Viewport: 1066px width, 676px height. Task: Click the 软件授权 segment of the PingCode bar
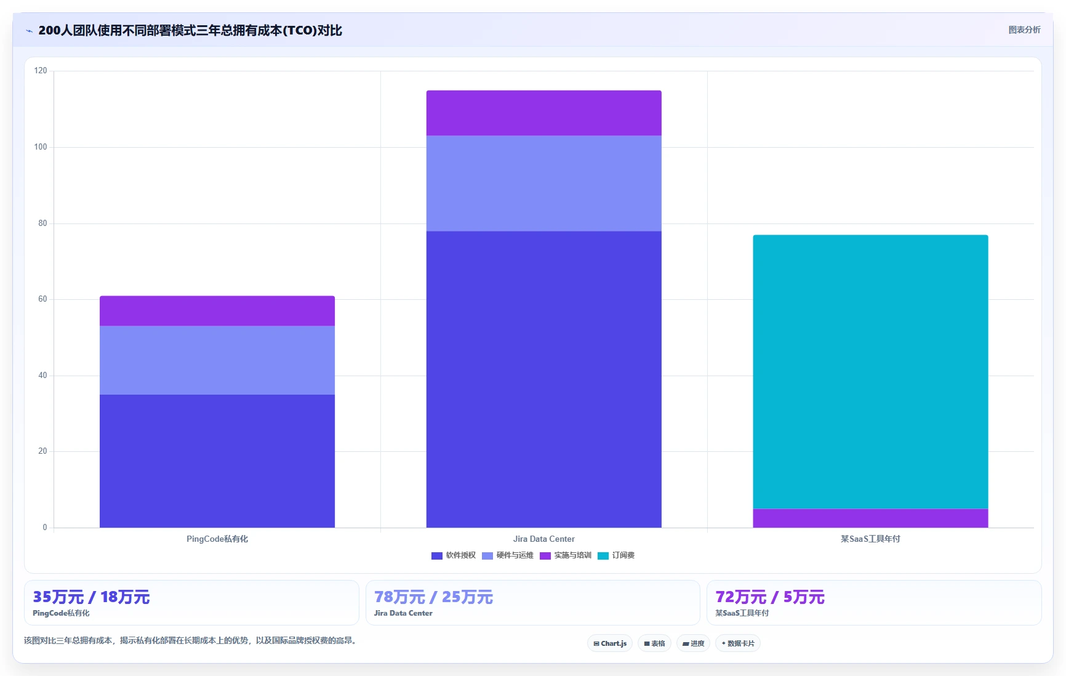point(217,461)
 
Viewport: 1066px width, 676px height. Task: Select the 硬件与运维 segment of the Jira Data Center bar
point(544,183)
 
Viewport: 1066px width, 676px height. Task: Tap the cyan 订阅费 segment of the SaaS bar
point(870,372)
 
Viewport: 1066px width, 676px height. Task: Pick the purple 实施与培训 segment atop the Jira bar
point(544,113)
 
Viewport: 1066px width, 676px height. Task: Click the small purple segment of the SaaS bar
point(870,518)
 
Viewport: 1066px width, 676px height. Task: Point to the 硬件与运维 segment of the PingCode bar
point(217,360)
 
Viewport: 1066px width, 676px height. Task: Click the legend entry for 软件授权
point(454,555)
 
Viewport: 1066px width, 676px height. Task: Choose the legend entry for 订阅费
point(616,555)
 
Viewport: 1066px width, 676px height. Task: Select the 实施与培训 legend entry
point(566,555)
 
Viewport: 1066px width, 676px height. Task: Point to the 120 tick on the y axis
point(41,71)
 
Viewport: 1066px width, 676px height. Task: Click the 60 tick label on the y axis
point(42,299)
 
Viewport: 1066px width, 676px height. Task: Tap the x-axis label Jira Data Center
point(544,539)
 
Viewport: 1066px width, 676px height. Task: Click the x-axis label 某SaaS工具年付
point(870,539)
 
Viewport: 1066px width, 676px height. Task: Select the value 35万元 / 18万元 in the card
point(91,597)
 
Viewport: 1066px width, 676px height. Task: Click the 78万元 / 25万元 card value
point(433,597)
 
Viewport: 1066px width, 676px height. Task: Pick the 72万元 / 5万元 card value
point(770,597)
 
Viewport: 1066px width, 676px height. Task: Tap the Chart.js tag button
point(610,643)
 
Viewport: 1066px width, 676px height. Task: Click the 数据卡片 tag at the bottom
point(738,643)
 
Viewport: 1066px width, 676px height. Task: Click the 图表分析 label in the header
point(1024,30)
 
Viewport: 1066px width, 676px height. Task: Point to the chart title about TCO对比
point(190,30)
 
